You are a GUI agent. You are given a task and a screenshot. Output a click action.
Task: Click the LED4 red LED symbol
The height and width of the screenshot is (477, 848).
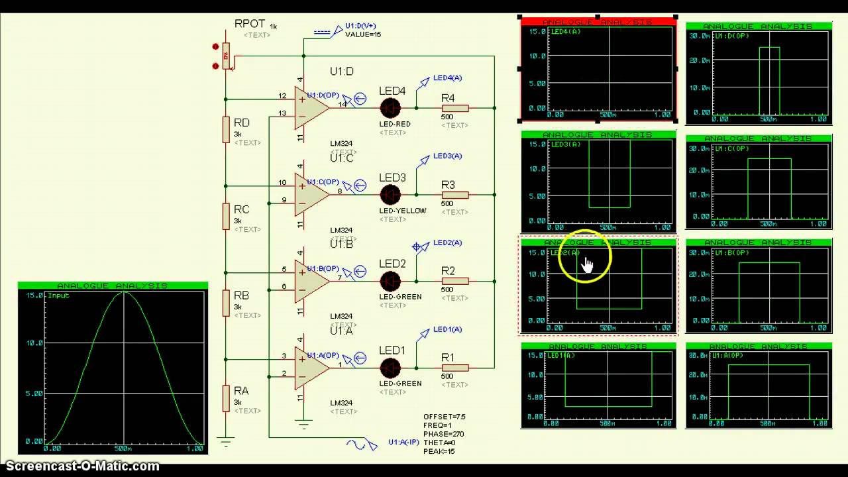[390, 108]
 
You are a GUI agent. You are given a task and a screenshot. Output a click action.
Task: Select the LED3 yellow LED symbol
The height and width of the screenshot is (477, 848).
[390, 195]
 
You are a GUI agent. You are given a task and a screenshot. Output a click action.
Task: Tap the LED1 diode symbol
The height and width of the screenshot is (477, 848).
[390, 368]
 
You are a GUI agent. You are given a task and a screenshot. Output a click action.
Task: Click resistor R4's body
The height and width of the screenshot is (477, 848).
[455, 108]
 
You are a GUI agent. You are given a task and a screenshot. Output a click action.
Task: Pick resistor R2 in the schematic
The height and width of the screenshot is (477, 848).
[455, 281]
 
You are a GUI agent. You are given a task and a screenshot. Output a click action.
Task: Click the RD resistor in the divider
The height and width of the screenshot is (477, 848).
[226, 132]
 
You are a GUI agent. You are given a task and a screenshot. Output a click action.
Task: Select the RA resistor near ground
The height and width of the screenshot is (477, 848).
[226, 399]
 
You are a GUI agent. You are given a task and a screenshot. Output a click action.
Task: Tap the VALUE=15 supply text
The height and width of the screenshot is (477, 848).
[362, 34]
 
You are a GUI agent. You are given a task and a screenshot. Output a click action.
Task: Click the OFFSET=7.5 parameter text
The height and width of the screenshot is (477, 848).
[444, 417]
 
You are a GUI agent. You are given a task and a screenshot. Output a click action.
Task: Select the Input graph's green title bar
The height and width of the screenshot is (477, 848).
[113, 286]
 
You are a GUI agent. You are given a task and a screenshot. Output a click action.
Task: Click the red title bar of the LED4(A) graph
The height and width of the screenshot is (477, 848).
[598, 22]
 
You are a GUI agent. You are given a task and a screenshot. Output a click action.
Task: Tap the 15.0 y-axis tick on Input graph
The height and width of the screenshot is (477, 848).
[34, 295]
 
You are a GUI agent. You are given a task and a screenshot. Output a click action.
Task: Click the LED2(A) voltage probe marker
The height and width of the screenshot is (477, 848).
[419, 247]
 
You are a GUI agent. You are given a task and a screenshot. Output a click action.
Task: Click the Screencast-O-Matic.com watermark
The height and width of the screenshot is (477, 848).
[81, 466]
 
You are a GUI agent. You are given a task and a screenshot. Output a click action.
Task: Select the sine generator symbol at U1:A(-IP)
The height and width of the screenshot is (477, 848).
[362, 445]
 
